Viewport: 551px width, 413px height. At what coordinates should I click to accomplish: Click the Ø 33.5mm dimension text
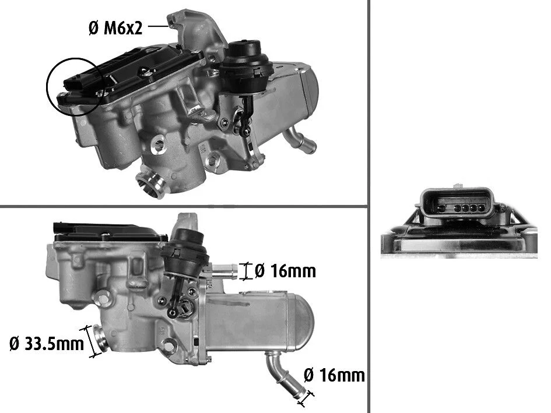click(x=47, y=344)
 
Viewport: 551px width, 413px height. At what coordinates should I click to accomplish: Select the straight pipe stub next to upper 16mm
click(x=226, y=270)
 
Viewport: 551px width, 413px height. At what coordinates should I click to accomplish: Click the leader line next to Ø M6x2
click(x=158, y=26)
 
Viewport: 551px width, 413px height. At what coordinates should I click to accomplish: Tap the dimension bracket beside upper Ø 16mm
click(x=245, y=270)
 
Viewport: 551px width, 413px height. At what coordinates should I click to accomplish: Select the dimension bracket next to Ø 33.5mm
click(x=90, y=341)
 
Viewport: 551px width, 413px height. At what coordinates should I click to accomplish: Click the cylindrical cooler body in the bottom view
click(x=257, y=317)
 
